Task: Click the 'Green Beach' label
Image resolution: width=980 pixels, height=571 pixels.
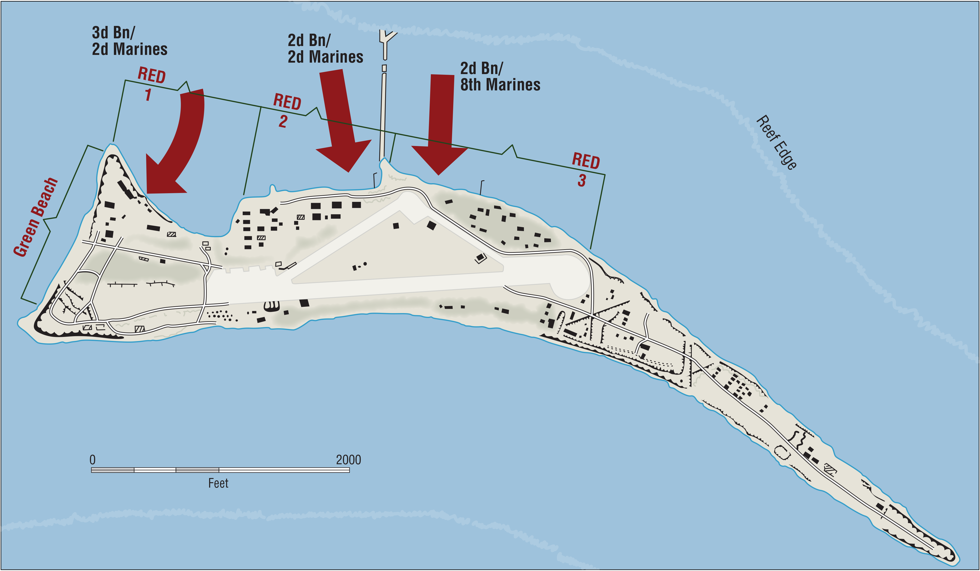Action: click(35, 217)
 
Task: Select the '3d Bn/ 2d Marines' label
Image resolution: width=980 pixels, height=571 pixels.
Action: click(130, 41)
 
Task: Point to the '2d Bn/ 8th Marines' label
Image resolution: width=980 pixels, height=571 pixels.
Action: click(500, 76)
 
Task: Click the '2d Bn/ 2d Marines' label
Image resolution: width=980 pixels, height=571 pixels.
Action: click(326, 48)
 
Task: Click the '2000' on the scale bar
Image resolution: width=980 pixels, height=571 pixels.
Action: click(348, 460)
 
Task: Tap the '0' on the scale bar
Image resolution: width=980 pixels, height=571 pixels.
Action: click(93, 460)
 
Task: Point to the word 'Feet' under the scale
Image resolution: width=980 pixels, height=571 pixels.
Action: click(218, 483)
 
